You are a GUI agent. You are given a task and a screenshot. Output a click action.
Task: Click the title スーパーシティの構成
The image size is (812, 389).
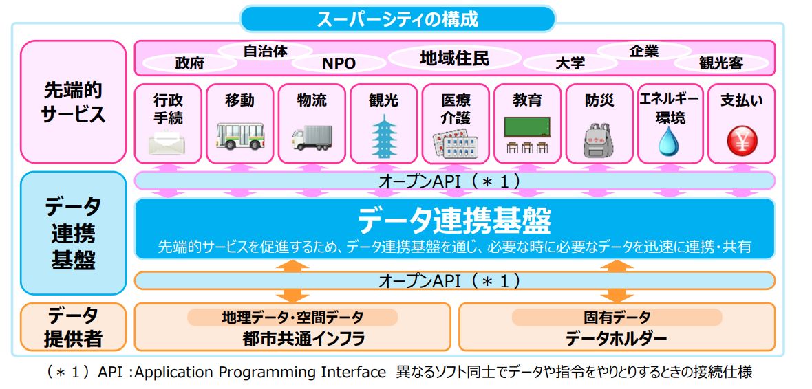(x=397, y=20)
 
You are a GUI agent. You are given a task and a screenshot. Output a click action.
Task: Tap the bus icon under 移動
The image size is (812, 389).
(x=239, y=136)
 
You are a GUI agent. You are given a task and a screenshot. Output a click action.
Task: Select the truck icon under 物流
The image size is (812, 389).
(x=312, y=137)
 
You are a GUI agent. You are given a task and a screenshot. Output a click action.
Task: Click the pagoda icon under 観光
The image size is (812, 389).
(x=384, y=136)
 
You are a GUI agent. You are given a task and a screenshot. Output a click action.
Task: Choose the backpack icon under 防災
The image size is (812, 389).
(x=599, y=140)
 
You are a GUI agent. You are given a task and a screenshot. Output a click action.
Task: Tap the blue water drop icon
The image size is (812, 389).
(x=668, y=141)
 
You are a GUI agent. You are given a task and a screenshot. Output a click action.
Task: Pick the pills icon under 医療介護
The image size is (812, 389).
(x=455, y=146)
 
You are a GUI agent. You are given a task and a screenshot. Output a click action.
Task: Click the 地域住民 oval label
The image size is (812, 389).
(x=454, y=58)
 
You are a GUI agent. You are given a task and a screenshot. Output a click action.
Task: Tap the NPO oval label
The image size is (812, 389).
(x=339, y=64)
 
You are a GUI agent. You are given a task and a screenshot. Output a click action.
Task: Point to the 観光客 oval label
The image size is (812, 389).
(x=721, y=64)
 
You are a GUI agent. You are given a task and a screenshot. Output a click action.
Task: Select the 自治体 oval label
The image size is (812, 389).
(x=265, y=52)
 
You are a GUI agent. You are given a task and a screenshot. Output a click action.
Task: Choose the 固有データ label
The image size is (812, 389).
(x=617, y=317)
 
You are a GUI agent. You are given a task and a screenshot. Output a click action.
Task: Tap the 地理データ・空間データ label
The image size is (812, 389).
(x=292, y=317)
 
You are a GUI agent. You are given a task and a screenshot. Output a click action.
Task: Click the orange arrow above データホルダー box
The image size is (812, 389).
(x=617, y=281)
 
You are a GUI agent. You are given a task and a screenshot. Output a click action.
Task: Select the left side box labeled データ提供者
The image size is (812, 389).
(x=73, y=327)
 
